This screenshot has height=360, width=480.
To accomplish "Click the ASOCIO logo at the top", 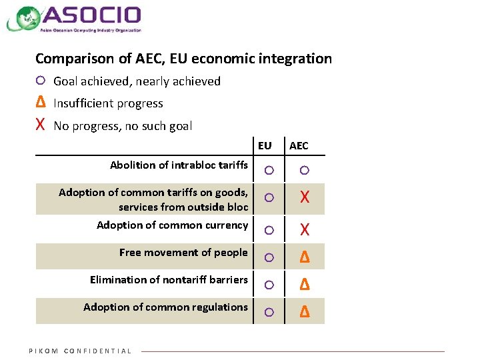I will point(75,18).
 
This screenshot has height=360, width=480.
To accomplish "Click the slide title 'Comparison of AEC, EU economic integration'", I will point(183,59).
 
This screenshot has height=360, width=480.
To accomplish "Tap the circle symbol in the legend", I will point(40,81).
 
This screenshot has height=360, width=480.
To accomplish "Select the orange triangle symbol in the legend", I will point(40,103).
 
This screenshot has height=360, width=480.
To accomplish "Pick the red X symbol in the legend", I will point(40,125).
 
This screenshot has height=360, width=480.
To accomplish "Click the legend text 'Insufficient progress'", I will point(108,103).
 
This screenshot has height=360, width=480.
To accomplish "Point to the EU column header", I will point(265,145).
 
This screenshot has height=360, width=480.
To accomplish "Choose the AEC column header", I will point(299,145).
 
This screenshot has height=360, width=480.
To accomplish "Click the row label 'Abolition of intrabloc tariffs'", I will point(179,165).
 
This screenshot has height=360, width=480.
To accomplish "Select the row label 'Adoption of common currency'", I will point(172,225).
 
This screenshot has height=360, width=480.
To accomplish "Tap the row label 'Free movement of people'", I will point(183,252).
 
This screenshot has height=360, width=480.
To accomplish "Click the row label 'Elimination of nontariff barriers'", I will point(169,279).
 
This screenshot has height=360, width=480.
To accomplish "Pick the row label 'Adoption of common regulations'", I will point(165,307).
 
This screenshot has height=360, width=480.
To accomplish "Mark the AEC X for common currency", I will point(305,230).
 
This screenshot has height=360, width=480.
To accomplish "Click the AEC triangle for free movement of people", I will point(305,257).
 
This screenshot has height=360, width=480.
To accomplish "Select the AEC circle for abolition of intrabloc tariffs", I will point(305,171).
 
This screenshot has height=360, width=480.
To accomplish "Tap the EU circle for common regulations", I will point(268,312).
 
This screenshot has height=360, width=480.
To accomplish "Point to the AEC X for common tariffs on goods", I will point(305,197).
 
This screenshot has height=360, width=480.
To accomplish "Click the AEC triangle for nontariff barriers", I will point(305,285).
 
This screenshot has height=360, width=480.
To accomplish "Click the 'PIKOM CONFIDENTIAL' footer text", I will point(80,351).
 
